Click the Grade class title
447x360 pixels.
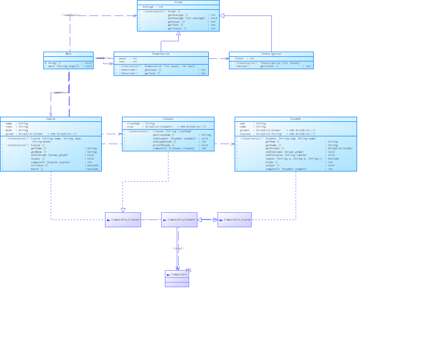coord(178,2)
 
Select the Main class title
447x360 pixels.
coord(69,54)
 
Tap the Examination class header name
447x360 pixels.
coord(161,54)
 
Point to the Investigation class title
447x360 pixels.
coord(271,54)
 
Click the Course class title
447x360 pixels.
coord(51,119)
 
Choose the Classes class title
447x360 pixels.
coord(167,119)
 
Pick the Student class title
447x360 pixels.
coord(296,119)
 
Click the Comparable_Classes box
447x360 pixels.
coord(123,220)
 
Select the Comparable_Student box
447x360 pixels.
coord(179,220)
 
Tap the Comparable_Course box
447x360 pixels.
coord(235,220)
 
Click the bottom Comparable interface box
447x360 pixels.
coord(177,278)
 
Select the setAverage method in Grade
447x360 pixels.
coord(186,19)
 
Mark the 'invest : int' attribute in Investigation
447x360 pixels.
coord(244,58)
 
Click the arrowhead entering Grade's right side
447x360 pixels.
coord(222,16)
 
